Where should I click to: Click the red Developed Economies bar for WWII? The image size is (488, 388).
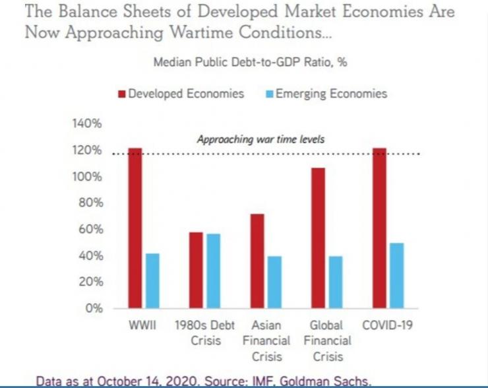click(135, 228)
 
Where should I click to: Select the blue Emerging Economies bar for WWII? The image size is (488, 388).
click(152, 280)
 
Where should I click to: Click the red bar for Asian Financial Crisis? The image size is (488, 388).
click(257, 261)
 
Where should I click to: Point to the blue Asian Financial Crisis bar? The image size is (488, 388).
click(274, 282)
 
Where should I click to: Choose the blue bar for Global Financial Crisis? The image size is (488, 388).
click(336, 282)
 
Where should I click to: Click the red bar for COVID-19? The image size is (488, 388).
click(379, 228)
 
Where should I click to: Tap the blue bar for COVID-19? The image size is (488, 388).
click(396, 275)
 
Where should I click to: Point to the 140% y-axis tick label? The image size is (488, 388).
click(86, 123)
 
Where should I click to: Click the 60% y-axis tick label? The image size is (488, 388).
click(89, 229)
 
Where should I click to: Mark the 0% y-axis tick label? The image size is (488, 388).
click(92, 308)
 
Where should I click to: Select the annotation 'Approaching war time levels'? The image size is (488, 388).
click(261, 140)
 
